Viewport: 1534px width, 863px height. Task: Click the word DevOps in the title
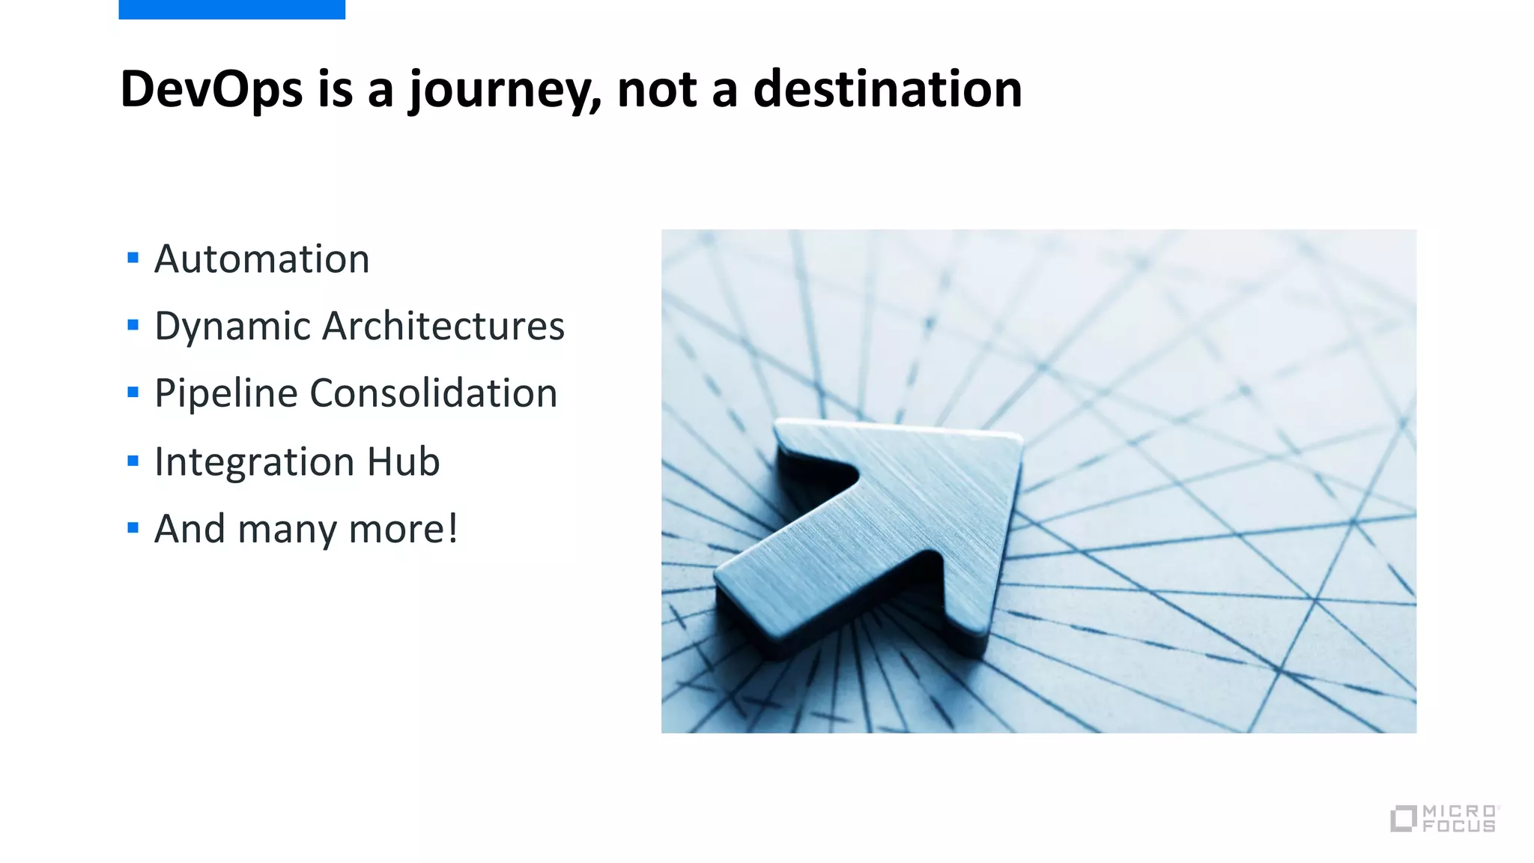(212, 89)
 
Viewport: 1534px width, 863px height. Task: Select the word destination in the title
(888, 89)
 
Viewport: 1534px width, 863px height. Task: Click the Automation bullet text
(262, 259)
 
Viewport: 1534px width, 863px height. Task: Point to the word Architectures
(443, 327)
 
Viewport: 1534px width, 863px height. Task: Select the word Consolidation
(434, 393)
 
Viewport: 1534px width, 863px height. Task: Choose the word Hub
(403, 461)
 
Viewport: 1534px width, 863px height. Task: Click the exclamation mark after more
(452, 528)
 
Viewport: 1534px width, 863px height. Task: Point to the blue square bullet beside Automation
(133, 258)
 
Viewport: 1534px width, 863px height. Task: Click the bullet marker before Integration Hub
(133, 461)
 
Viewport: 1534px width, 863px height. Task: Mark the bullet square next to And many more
(133, 528)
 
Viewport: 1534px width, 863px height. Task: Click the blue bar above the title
(231, 9)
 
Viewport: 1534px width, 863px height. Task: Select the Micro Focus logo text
(1459, 819)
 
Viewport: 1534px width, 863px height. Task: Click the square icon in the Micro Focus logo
(1403, 819)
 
